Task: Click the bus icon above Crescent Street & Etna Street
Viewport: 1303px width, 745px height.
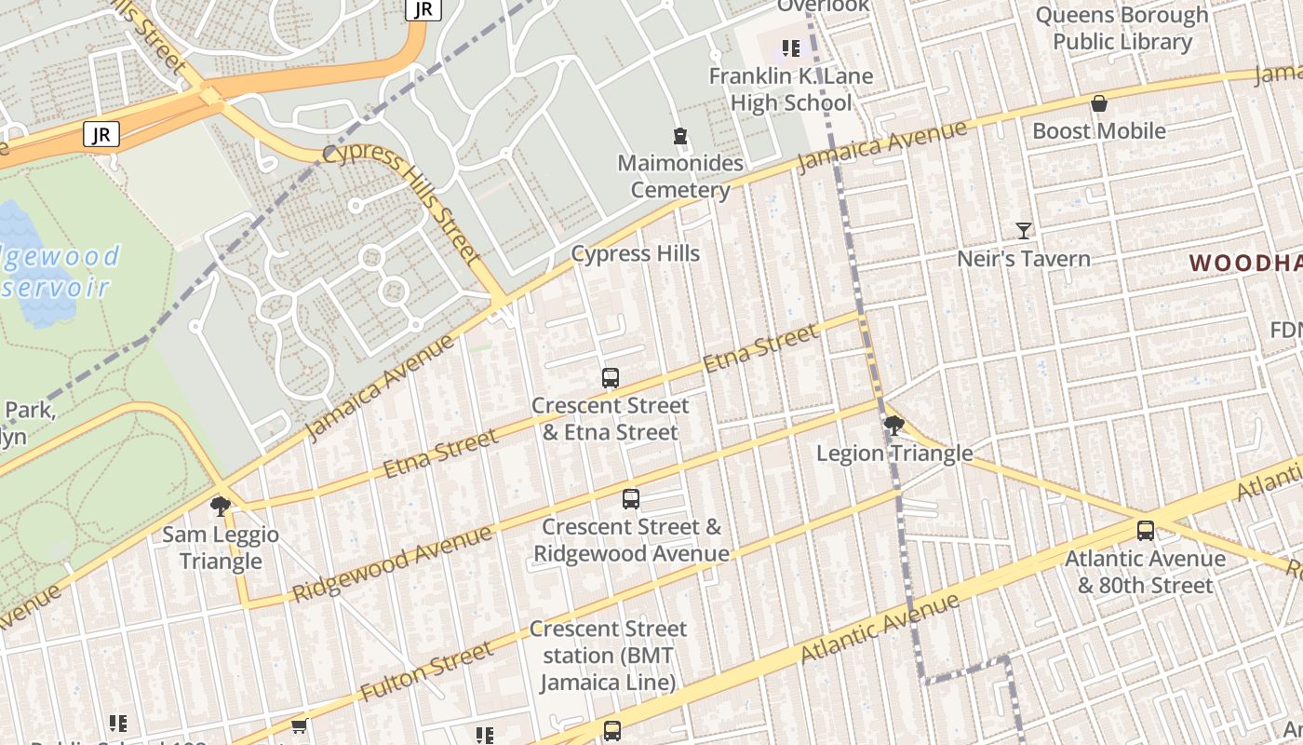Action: point(611,378)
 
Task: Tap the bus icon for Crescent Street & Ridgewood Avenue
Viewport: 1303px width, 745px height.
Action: point(631,499)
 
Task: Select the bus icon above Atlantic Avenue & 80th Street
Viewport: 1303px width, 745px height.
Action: point(1146,531)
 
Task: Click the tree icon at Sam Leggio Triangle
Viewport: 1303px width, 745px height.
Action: point(221,507)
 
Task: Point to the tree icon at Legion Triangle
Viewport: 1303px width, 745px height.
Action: point(893,427)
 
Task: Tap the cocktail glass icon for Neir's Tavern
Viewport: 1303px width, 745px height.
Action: point(1024,230)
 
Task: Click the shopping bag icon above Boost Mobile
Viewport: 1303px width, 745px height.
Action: point(1099,103)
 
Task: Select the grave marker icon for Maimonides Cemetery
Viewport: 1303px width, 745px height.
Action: point(680,136)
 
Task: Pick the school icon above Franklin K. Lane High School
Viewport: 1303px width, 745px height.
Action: point(791,48)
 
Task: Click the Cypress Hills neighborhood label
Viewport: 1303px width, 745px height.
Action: point(636,253)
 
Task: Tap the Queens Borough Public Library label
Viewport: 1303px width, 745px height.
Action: point(1122,29)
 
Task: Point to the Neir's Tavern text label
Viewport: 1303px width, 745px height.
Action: point(1024,258)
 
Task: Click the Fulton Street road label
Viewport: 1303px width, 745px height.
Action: point(426,672)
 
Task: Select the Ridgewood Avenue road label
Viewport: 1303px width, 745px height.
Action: point(392,563)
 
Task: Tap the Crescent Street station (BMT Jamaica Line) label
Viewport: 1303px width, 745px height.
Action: point(608,656)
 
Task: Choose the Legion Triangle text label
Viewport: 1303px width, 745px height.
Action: point(894,454)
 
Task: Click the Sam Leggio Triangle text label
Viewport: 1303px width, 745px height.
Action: point(221,548)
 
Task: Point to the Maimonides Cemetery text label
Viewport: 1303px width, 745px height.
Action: point(680,177)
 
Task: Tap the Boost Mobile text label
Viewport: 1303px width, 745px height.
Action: point(1099,130)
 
